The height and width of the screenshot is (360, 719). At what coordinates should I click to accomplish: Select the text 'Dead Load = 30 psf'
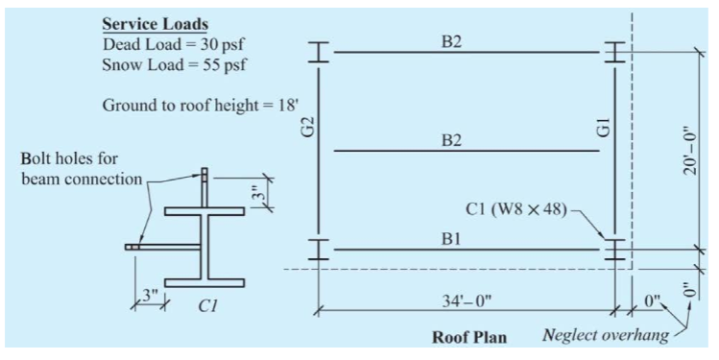[166, 44]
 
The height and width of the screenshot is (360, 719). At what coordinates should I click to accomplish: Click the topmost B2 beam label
[453, 40]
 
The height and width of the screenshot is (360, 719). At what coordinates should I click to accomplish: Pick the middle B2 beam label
[453, 140]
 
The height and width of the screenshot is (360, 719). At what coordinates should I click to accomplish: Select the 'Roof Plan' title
[469, 337]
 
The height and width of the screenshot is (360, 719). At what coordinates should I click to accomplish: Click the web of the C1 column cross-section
[204, 247]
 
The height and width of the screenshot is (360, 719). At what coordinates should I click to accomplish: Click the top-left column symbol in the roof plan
[318, 53]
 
